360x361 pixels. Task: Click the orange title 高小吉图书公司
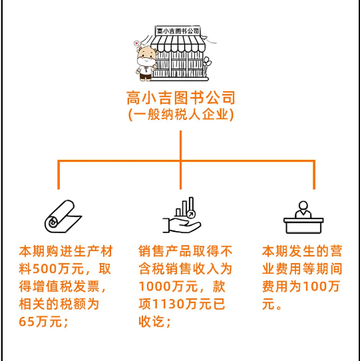point(181,98)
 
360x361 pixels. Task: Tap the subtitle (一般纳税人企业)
point(181,114)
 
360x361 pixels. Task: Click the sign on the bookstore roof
point(178,31)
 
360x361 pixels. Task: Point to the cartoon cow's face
point(146,57)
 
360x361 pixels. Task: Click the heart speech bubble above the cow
point(136,43)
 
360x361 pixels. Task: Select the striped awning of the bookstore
point(178,44)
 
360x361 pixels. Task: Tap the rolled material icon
point(63,216)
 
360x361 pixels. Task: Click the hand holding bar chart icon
point(182,215)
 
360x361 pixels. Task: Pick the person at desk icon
point(303,217)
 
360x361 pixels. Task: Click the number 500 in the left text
point(45,268)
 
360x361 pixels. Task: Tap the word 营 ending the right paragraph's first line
point(336,251)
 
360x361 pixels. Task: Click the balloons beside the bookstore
point(207,62)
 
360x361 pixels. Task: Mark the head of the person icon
point(303,205)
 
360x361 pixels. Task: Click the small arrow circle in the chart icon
point(191,214)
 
